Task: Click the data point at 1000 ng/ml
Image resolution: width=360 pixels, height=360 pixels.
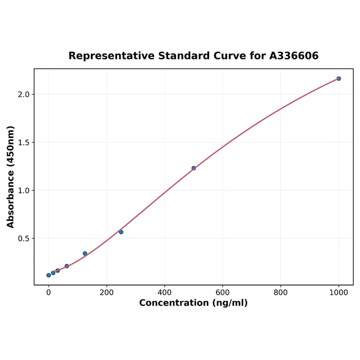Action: [x=338, y=79]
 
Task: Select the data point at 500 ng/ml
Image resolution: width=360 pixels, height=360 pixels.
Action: [x=194, y=168]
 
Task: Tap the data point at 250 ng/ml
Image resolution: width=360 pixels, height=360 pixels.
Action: [x=121, y=232]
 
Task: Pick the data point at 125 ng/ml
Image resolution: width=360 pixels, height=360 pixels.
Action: [x=85, y=254]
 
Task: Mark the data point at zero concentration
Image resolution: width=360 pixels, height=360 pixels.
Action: [x=49, y=275]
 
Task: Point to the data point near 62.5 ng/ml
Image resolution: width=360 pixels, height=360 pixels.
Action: [x=66, y=266]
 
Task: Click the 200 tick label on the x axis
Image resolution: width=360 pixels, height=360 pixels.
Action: [x=106, y=293]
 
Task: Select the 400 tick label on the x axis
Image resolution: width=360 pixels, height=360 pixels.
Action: [x=164, y=293]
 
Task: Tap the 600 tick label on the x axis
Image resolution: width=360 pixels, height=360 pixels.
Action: [x=222, y=293]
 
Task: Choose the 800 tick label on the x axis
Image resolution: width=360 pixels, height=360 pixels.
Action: [x=280, y=293]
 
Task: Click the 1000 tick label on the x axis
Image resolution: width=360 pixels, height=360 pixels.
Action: [x=338, y=293]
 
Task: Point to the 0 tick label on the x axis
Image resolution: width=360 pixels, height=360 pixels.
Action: [x=49, y=293]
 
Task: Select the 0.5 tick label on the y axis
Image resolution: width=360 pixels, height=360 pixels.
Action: [x=23, y=238]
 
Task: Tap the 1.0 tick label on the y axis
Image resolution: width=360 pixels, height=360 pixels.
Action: [x=23, y=190]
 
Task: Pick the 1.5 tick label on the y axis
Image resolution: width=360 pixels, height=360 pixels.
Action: [x=23, y=142]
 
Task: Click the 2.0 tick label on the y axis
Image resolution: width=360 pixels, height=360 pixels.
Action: [x=23, y=94]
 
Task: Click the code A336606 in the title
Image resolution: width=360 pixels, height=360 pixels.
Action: [x=294, y=56]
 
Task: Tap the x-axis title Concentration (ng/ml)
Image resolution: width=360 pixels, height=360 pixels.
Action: [x=193, y=303]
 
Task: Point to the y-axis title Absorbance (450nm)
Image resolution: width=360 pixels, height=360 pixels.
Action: [x=10, y=177]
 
